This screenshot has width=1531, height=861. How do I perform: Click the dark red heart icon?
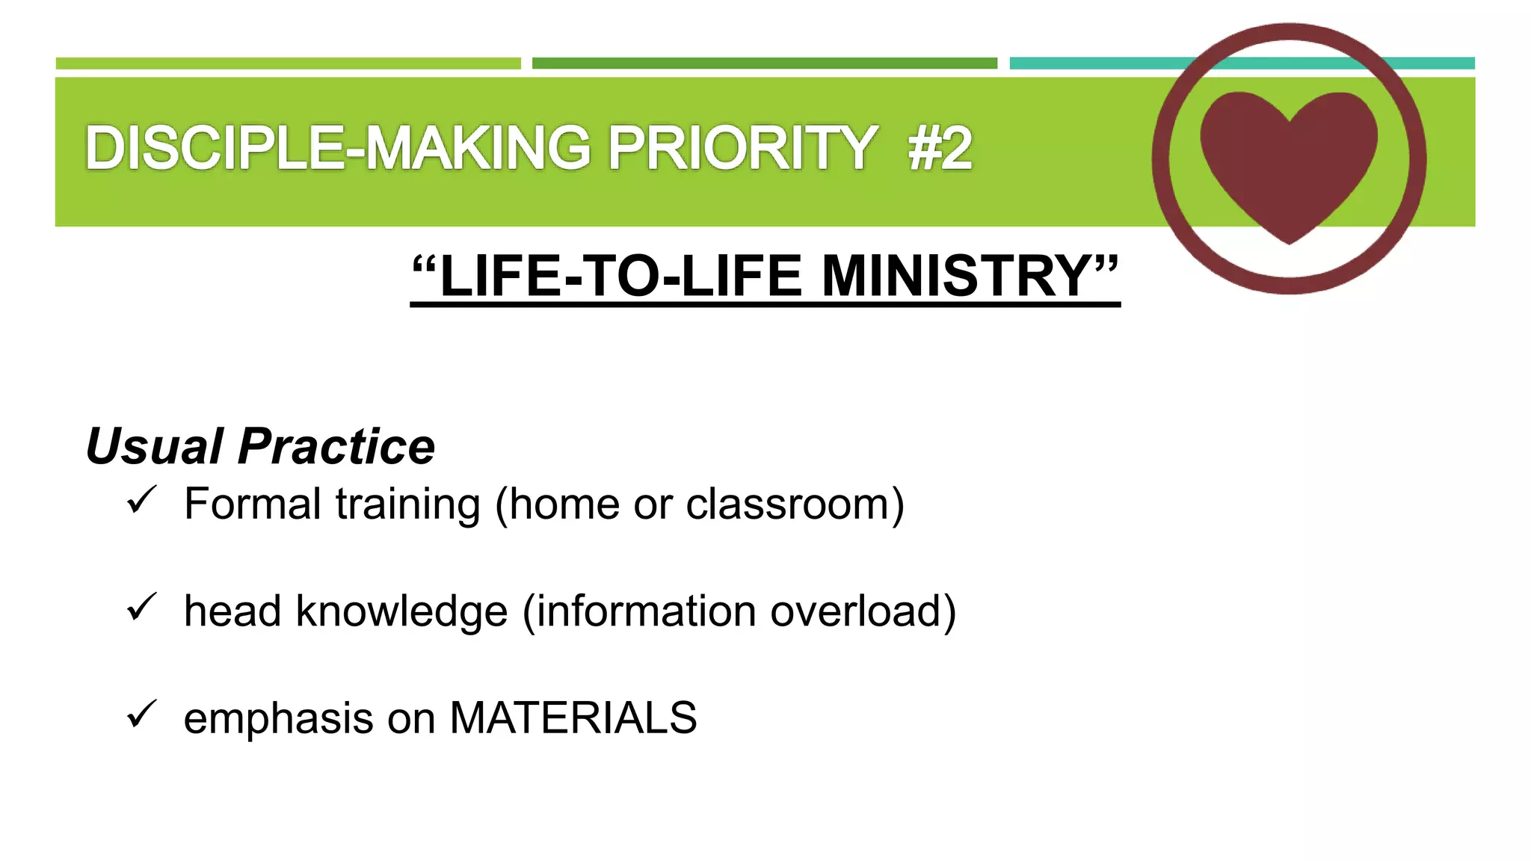coord(1289,161)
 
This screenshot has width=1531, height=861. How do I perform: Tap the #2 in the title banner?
coord(940,148)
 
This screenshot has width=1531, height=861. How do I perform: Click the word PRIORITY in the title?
coord(742,148)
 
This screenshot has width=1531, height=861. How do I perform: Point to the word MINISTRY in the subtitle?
coord(957,276)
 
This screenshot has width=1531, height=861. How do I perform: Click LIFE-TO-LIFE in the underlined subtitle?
coord(620,276)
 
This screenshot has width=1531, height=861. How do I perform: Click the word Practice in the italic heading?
coord(336,446)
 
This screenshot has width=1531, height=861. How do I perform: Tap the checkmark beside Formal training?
coord(141,500)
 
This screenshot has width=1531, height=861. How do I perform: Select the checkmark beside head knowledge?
coord(141,607)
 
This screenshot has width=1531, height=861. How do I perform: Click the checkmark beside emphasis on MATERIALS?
coord(141,714)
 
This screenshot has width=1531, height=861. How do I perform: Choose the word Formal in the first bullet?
coord(253,504)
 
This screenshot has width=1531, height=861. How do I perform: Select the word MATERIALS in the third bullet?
coord(573,718)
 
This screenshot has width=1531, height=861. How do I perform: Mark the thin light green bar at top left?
coord(288,64)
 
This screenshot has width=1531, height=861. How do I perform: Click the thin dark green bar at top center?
coord(764,64)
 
